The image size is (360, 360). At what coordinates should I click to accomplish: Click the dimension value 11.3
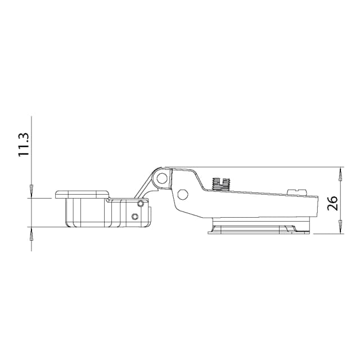23,145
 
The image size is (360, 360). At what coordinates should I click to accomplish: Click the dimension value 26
332,202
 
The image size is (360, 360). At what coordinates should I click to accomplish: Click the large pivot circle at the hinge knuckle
162,179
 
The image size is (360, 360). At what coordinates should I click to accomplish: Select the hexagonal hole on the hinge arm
182,195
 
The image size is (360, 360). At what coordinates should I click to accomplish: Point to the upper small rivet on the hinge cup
140,203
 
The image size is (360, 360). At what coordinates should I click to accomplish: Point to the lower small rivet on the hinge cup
134,217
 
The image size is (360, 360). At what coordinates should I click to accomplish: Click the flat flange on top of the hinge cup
82,194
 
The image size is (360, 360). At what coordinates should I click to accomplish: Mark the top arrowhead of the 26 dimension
341,172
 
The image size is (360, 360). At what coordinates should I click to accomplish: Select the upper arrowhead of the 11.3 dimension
31,192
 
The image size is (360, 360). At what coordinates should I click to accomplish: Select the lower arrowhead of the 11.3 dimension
31,232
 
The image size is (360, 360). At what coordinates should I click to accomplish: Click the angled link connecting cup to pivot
147,184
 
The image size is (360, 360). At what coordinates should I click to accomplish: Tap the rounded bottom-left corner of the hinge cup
68,223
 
